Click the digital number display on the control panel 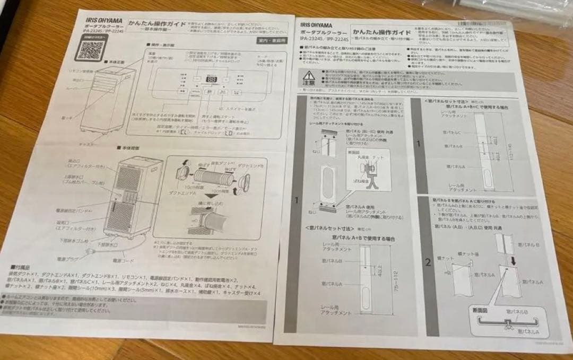coord(211,80)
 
